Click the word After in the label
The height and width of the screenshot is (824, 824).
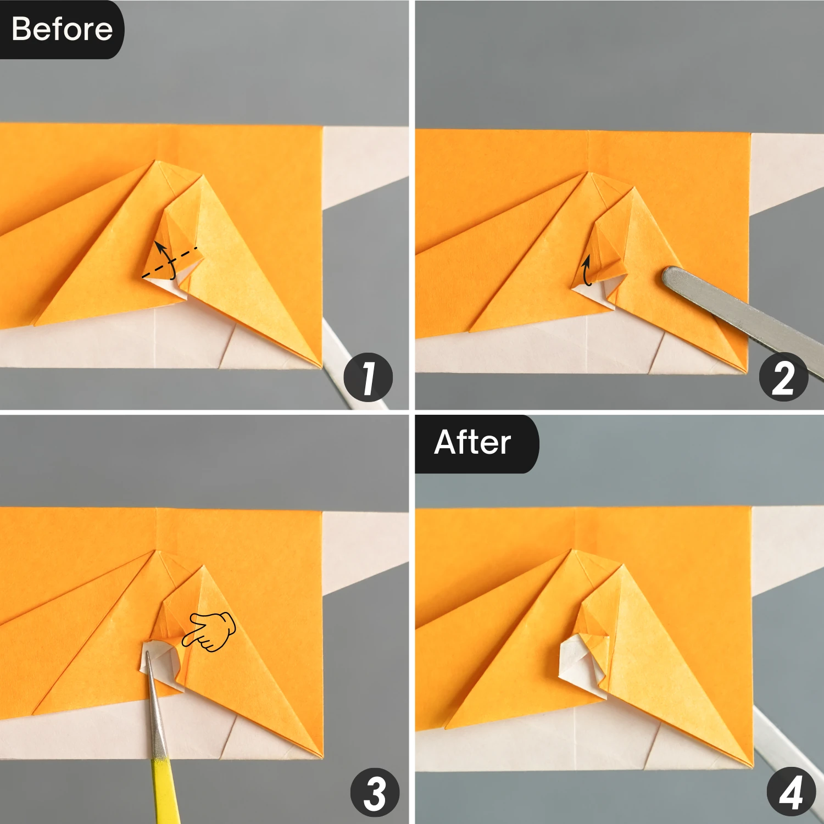pos(472,442)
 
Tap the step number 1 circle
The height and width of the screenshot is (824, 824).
pos(368,377)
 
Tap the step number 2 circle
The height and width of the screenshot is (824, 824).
pos(783,377)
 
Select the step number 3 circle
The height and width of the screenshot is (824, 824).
pos(375,792)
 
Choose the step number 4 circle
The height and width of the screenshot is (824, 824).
pos(791,792)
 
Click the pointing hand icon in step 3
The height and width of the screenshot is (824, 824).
pos(209,631)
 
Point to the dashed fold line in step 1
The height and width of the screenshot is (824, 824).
pos(170,262)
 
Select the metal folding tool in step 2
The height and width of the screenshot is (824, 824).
pos(742,319)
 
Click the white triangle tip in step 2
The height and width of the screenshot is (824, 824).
pos(596,294)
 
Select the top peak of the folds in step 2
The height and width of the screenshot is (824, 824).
pos(589,172)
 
